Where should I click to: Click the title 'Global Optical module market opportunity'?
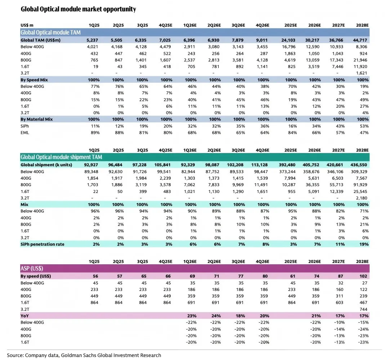[79, 9]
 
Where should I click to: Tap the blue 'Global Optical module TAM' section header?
[50, 32]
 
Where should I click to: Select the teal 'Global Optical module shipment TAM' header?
[61, 157]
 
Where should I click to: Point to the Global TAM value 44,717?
[362, 40]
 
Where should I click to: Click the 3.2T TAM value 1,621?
[363, 73]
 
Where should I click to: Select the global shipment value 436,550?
[361, 165]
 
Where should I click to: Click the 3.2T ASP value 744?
[364, 309]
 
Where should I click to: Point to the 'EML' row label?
[25, 133]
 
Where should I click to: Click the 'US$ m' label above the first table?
[27, 25]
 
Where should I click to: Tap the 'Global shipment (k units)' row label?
[46, 165]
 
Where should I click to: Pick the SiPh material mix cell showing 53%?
[364, 126]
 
